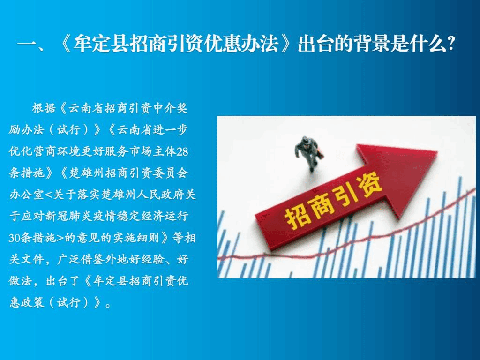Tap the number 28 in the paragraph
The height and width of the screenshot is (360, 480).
click(182, 152)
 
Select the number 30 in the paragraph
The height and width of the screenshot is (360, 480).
click(15, 238)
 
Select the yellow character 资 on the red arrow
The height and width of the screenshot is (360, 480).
click(369, 187)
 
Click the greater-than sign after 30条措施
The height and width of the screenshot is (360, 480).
click(60, 238)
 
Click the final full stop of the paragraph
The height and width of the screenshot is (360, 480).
click(108, 305)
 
